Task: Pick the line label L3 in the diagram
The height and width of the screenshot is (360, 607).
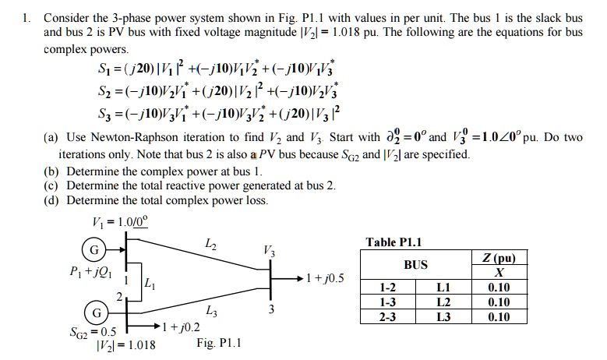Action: pyautogui.click(x=211, y=312)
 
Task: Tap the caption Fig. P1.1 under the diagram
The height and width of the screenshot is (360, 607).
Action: pyautogui.click(x=220, y=342)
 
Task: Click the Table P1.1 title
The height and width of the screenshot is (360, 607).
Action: pyautogui.click(x=393, y=242)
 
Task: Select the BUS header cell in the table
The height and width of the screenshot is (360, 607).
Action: pyautogui.click(x=415, y=265)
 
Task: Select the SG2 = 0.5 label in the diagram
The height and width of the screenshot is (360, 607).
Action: pyautogui.click(x=87, y=332)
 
